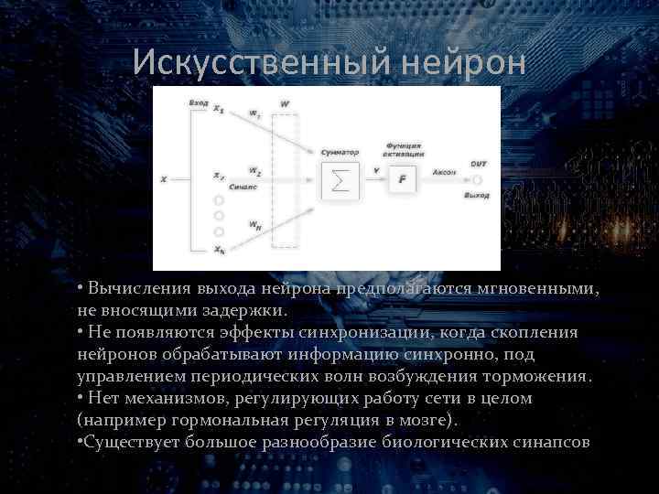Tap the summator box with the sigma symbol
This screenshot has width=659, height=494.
[340, 180]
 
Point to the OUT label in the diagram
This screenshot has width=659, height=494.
[479, 164]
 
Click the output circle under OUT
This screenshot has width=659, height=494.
[478, 180]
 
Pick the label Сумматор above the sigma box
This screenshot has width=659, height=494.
[340, 152]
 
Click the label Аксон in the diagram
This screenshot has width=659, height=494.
[445, 171]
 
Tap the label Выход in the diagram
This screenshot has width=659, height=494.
[477, 196]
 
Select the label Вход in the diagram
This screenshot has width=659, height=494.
[197, 103]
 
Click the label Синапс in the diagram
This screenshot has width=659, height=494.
[243, 186]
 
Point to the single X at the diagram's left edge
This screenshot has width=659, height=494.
[164, 179]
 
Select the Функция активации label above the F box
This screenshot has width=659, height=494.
[403, 150]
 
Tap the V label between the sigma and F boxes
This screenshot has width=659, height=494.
[376, 170]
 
